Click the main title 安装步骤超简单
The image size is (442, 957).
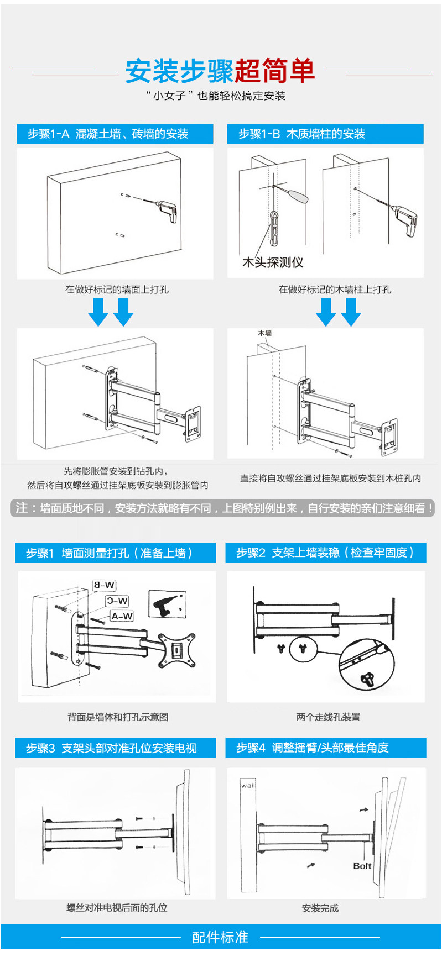(x=220, y=71)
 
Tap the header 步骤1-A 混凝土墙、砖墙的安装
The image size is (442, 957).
(x=108, y=134)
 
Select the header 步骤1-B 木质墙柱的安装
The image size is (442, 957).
(x=302, y=134)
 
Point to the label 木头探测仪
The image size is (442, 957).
(x=273, y=262)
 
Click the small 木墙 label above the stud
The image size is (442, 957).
(x=265, y=333)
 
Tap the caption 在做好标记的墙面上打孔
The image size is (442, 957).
(x=117, y=290)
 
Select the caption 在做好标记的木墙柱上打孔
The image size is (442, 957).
(x=335, y=290)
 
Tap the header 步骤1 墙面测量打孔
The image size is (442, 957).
(x=110, y=553)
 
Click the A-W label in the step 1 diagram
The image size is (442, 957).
(x=122, y=616)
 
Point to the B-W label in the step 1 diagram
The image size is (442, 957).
(x=104, y=585)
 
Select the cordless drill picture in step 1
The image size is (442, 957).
(x=167, y=605)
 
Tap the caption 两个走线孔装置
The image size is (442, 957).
(x=328, y=717)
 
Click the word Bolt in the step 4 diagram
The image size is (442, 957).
(x=362, y=866)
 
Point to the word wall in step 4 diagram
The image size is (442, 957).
(x=248, y=785)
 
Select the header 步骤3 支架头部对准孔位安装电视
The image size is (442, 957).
(x=111, y=748)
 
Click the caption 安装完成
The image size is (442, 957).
(x=320, y=908)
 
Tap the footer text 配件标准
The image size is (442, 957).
(x=220, y=937)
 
